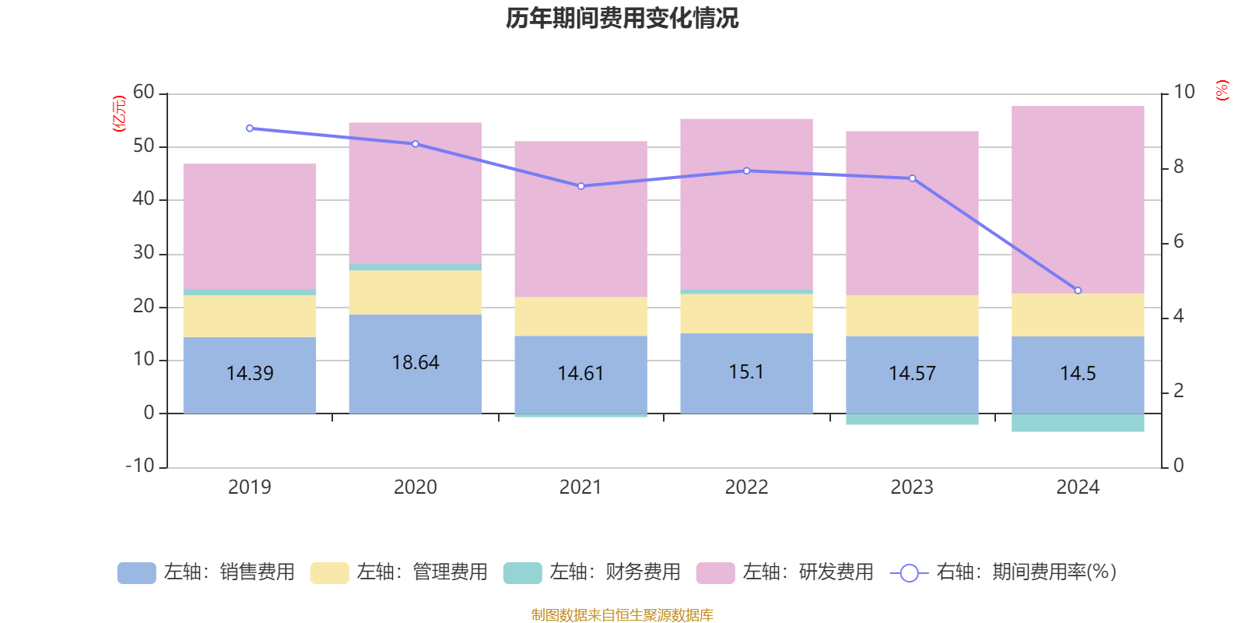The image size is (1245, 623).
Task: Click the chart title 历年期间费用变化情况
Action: point(622,19)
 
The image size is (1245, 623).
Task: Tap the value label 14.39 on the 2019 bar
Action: point(250,374)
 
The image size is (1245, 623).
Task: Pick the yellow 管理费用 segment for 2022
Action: point(746,314)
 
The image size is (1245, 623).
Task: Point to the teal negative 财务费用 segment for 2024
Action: point(1078,423)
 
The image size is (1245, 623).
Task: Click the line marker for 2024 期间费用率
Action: point(1078,290)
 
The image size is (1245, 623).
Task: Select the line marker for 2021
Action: point(580,186)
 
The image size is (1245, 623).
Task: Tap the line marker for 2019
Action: point(250,128)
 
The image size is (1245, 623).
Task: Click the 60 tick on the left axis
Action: point(144,93)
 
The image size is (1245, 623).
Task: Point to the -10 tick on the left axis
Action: point(141,466)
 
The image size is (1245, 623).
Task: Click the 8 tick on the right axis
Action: point(1178,167)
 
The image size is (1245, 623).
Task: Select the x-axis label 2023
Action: point(912,487)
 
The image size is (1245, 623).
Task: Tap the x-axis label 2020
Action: point(415,487)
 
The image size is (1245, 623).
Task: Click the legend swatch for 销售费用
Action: point(136,573)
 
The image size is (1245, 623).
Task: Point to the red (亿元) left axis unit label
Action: point(119,114)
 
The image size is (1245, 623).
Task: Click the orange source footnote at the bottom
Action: point(622,615)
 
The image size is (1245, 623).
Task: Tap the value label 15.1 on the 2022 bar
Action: point(746,372)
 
